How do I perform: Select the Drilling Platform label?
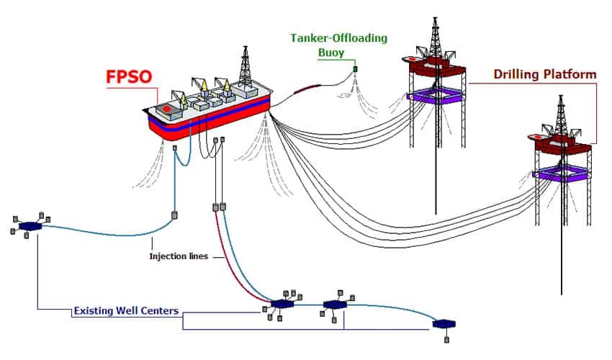[x=544, y=74]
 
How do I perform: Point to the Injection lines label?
[x=178, y=256]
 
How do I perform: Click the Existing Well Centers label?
[x=126, y=312]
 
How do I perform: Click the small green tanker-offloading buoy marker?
[x=356, y=69]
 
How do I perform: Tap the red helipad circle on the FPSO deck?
[x=167, y=109]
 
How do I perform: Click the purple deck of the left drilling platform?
[x=437, y=94]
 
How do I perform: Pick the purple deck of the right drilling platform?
[x=561, y=173]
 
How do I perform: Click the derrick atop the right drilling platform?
[x=560, y=115]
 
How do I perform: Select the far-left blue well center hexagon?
[x=30, y=226]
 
